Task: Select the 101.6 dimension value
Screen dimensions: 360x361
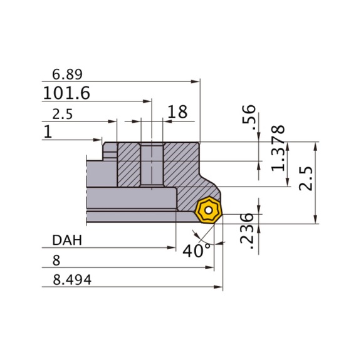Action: click(x=66, y=94)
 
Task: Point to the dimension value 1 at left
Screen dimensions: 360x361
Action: click(x=47, y=132)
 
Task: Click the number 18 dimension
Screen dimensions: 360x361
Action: click(x=177, y=113)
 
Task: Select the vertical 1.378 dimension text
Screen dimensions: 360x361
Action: click(x=279, y=148)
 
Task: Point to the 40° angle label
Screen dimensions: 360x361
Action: click(x=197, y=252)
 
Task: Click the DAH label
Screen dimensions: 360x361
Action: click(x=66, y=241)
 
